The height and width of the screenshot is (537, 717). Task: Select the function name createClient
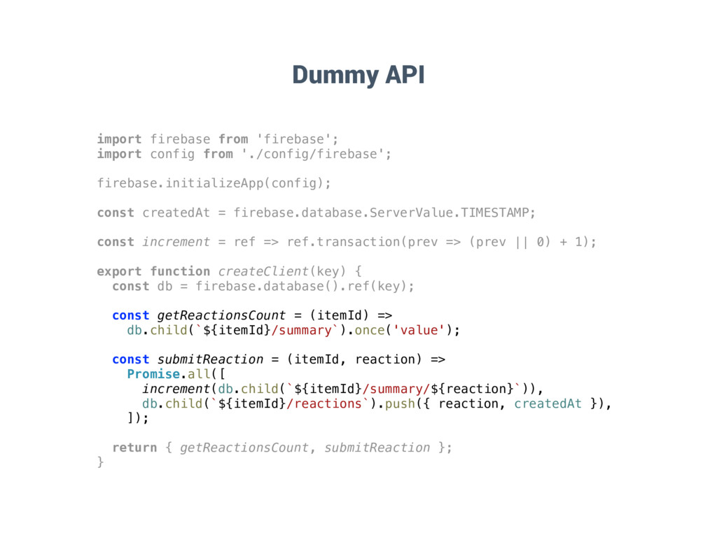(263, 271)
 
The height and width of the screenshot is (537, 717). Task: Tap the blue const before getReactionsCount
(130, 315)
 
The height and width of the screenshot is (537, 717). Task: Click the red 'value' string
(419, 330)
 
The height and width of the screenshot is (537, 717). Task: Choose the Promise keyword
(153, 374)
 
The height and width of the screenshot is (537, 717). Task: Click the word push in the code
(400, 403)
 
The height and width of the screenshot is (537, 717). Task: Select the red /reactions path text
(324, 403)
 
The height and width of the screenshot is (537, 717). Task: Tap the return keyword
(134, 447)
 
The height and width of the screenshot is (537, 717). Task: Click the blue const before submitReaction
(130, 359)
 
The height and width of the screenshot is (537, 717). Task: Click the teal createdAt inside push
(548, 403)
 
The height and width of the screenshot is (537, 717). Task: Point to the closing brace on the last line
(100, 462)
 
